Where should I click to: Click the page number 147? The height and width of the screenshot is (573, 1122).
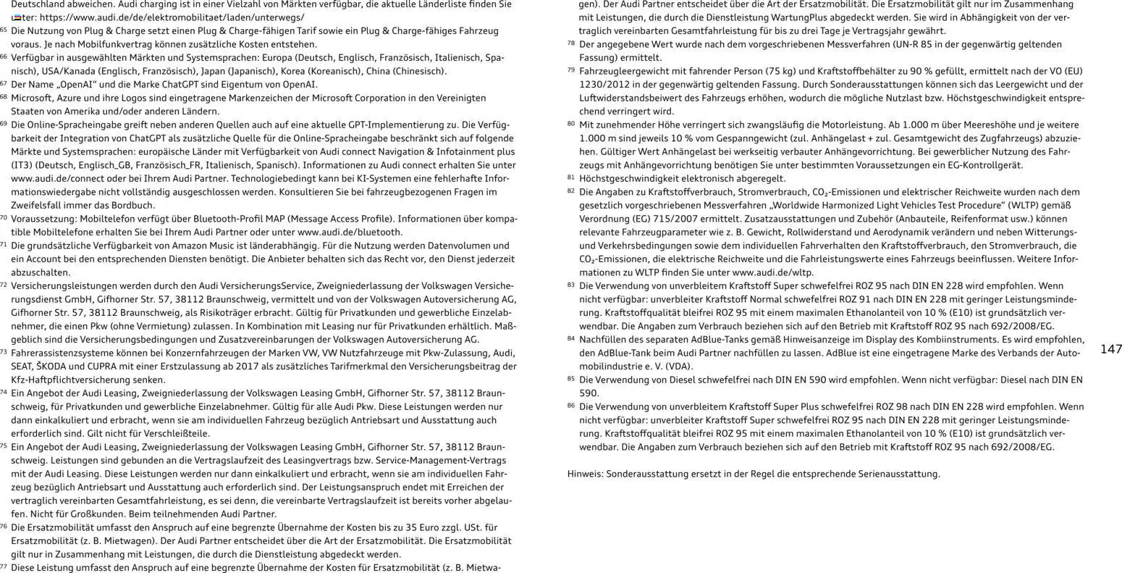pyautogui.click(x=1110, y=349)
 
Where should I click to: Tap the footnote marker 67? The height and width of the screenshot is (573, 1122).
pyautogui.click(x=4, y=83)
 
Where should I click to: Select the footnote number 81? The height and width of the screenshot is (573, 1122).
pyautogui.click(x=570, y=177)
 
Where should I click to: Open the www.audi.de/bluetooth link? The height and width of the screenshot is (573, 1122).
pyautogui.click(x=350, y=232)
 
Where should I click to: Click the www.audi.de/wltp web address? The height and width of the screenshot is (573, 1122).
pyautogui.click(x=772, y=272)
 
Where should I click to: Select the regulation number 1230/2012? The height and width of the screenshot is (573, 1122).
pyautogui.click(x=604, y=85)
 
